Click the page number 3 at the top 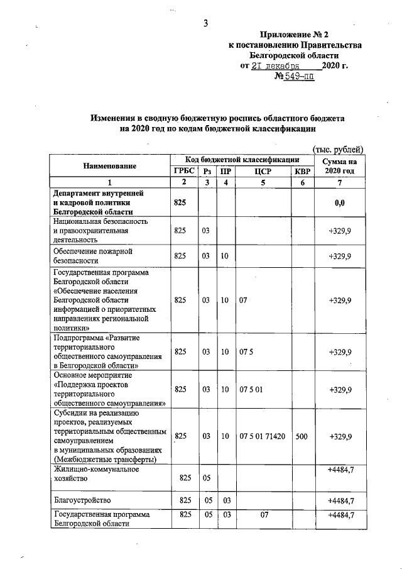coord(205,24)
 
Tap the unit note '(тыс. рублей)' coord(338,148)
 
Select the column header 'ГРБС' coord(183,171)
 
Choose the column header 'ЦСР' coord(263,171)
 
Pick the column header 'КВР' coord(301,171)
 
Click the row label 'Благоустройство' coord(82,500)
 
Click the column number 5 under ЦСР coord(263,182)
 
